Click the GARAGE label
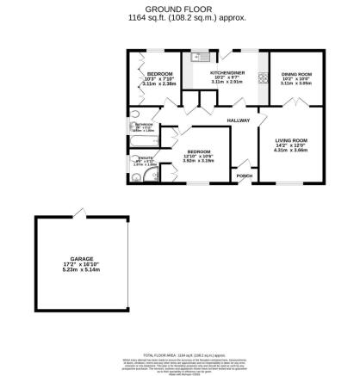pos(81,256)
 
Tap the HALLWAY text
pos(238,120)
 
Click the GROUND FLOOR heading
pos(180,8)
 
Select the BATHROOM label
pos(143,126)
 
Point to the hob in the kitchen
pos(262,80)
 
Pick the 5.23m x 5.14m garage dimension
pos(81,270)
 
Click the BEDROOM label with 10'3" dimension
pos(159,74)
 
